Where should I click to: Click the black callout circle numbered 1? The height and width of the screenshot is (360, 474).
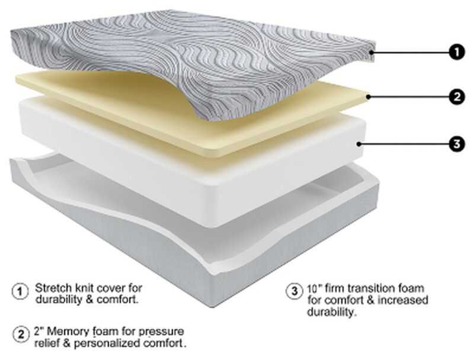coord(456,53)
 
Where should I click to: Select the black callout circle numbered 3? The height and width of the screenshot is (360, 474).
coord(456,143)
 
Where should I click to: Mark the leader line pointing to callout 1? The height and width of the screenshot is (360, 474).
coord(409,53)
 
